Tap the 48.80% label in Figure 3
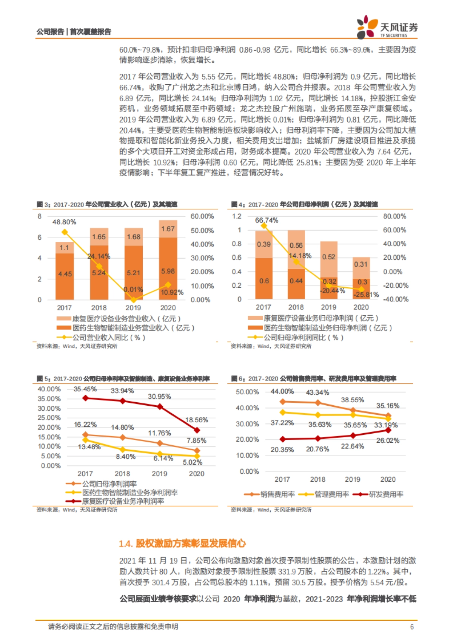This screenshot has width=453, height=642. click(x=64, y=222)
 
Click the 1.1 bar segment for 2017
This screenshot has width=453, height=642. click(x=65, y=248)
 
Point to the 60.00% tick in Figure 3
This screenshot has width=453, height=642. click(x=202, y=216)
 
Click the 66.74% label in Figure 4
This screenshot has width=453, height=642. click(x=267, y=220)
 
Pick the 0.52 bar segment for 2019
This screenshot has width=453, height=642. click(x=328, y=257)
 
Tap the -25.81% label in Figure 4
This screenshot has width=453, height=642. click(x=366, y=295)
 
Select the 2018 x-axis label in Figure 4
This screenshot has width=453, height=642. click(x=296, y=307)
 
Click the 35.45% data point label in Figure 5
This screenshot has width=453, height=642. click(x=85, y=389)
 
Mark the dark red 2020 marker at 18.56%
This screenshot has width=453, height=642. click(x=197, y=430)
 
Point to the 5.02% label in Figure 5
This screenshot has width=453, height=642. click(x=193, y=462)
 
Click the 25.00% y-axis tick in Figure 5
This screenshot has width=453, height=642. click(x=49, y=418)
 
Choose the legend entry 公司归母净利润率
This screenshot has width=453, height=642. click(x=109, y=484)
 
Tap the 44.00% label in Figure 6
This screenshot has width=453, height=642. click(x=282, y=391)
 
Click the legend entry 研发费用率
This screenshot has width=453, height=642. click(x=386, y=494)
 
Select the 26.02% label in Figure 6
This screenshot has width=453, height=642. click(x=388, y=440)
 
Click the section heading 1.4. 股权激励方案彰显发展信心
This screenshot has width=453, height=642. click(x=182, y=543)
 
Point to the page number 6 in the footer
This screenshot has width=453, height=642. click(x=412, y=627)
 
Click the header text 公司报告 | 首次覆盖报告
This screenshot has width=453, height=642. click(x=74, y=32)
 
